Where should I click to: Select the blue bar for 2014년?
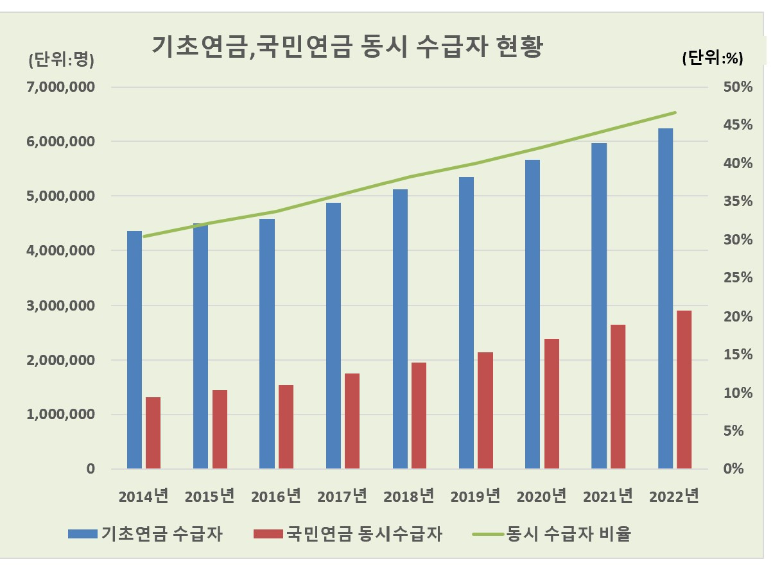tap(134, 350)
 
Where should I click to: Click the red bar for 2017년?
tap(352, 421)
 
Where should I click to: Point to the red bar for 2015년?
tap(220, 429)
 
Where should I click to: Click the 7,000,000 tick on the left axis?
tap(60, 87)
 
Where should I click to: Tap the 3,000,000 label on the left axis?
tap(60, 305)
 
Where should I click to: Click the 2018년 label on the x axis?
tap(408, 496)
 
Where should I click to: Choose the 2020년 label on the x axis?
tap(541, 496)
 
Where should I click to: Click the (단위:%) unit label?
tap(712, 58)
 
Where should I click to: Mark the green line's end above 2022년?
tap(675, 113)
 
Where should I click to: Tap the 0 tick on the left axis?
tap(91, 469)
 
